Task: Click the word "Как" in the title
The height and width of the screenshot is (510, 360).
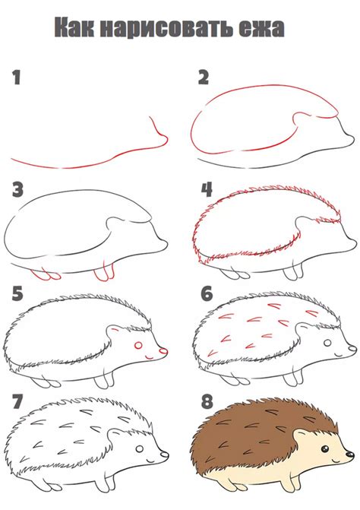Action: click(79, 29)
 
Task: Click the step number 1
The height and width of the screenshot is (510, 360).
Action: click(16, 77)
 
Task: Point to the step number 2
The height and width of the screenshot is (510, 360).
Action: click(203, 77)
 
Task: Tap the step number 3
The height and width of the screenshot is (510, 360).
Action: click(17, 190)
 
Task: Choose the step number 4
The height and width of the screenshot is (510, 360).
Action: click(205, 190)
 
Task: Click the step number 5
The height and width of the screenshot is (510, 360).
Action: click(17, 294)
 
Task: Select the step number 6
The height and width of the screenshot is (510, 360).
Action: click(205, 294)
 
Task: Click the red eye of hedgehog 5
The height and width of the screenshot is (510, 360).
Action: click(139, 346)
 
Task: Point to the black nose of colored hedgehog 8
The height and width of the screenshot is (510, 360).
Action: click(350, 457)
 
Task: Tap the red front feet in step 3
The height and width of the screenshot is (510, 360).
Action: click(106, 272)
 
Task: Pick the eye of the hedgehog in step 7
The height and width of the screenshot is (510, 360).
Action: click(141, 451)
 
